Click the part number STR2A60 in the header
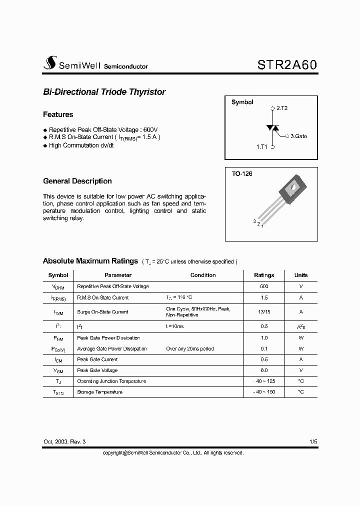[287, 65]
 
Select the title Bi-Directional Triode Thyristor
[104, 92]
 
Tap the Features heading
[58, 114]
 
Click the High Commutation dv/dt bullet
[81, 145]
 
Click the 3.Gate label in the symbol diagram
[298, 136]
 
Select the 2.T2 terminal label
[282, 108]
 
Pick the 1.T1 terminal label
[262, 147]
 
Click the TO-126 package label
[242, 174]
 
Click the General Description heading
[77, 181]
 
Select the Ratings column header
[264, 275]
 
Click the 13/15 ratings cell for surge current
[264, 311]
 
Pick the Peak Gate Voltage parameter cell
[97, 370]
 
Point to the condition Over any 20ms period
[190, 348]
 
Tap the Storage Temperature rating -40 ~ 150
[264, 392]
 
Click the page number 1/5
[313, 442]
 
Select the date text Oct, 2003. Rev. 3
[64, 442]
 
